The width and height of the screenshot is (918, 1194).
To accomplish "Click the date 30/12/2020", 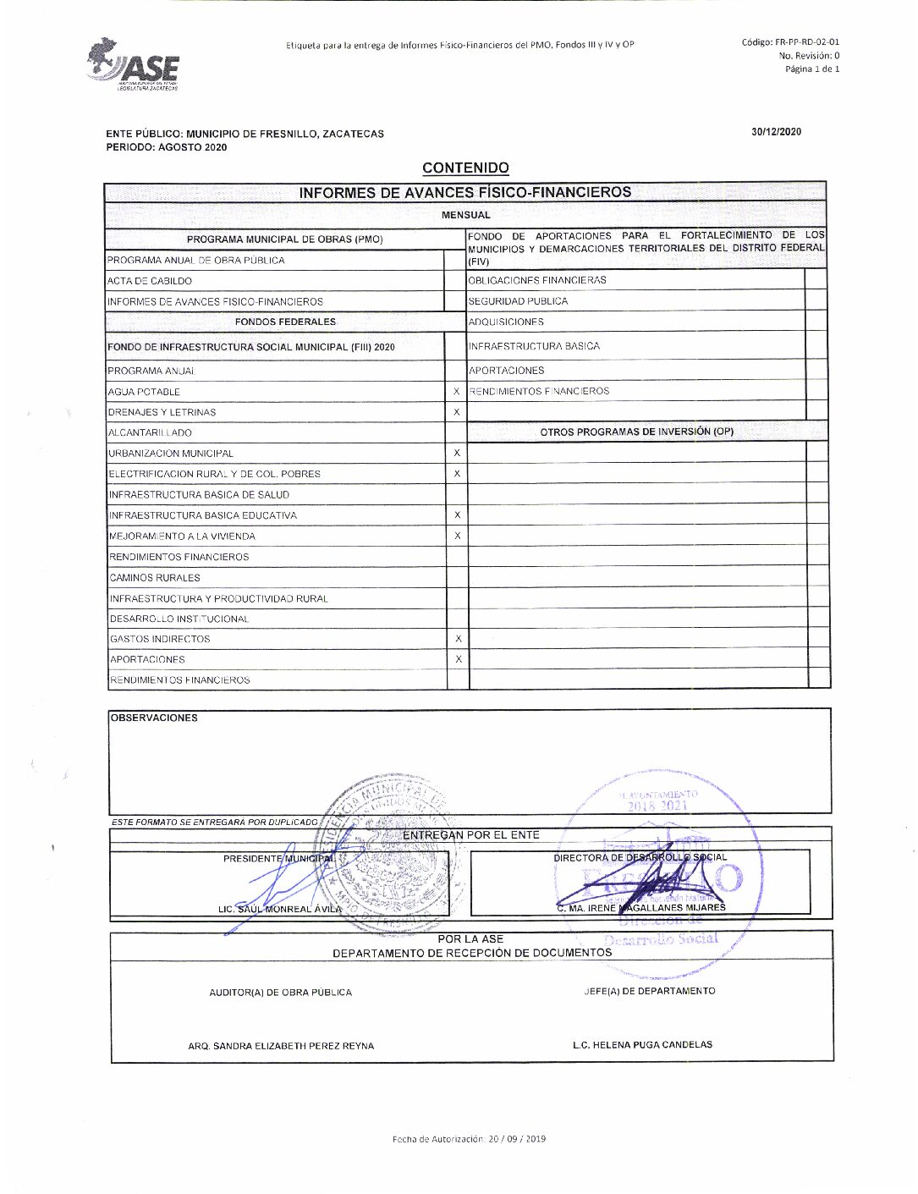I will pyautogui.click(x=776, y=131).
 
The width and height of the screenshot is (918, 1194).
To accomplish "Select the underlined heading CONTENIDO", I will pyautogui.click(x=465, y=168).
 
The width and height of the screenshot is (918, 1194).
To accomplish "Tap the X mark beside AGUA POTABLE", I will pyautogui.click(x=457, y=392).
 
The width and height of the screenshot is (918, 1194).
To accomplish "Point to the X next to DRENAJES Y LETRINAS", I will pyautogui.click(x=457, y=412).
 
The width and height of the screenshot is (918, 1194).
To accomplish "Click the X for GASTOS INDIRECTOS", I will pyautogui.click(x=458, y=639).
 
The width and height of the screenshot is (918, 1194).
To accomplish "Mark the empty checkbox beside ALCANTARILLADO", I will pyautogui.click(x=457, y=432).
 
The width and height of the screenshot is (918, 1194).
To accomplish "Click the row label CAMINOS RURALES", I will pyautogui.click(x=155, y=578).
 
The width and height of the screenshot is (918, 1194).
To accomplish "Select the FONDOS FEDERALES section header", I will pyautogui.click(x=285, y=322).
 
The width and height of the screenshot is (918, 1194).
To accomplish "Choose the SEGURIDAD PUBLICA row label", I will pyautogui.click(x=518, y=301).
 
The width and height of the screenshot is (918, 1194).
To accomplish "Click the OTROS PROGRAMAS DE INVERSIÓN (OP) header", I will pyautogui.click(x=636, y=432).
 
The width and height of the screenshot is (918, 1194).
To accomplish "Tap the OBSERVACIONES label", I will pyautogui.click(x=154, y=718).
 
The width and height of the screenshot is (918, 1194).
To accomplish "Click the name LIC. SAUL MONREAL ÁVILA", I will pyautogui.click(x=280, y=910).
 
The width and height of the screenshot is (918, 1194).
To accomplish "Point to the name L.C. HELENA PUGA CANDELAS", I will pyautogui.click(x=642, y=1045).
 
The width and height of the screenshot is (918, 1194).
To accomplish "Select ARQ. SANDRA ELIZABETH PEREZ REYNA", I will pyautogui.click(x=281, y=1046).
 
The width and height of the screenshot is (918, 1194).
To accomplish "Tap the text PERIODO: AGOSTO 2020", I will pyautogui.click(x=167, y=147).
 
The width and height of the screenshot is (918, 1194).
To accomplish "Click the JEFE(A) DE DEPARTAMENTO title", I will pyautogui.click(x=649, y=991).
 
